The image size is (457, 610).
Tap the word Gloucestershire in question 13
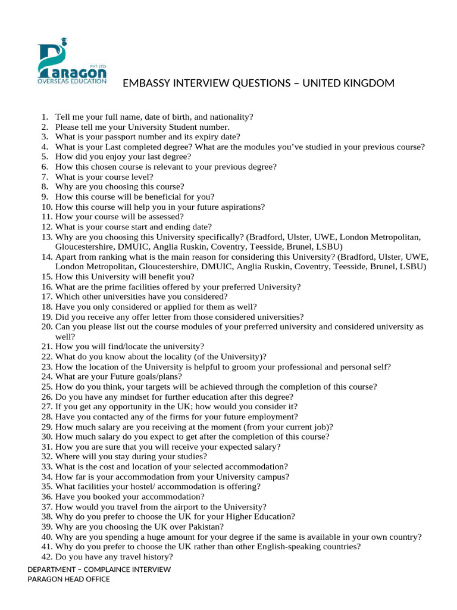pyautogui.click(x=83, y=247)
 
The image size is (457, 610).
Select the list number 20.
pyautogui.click(x=47, y=326)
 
